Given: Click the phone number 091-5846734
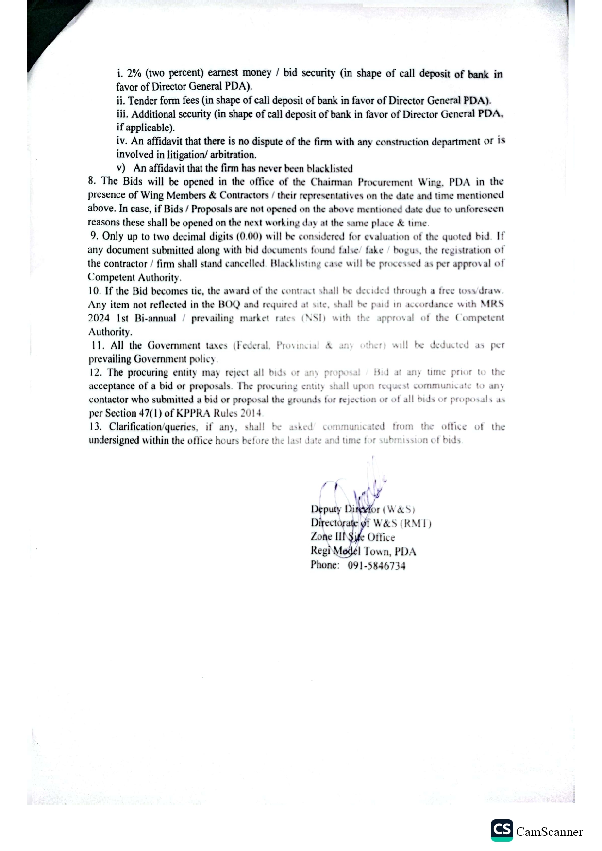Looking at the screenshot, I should coord(376,565).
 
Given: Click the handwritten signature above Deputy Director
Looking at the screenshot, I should coord(359,490).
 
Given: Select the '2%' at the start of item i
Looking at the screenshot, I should coord(134,73).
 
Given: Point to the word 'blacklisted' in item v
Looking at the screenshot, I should coord(330,168).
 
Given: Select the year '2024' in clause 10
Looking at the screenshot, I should coord(99,318).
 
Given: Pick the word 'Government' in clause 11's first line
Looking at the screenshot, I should coord(173,345).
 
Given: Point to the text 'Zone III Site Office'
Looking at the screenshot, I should coord(352,537).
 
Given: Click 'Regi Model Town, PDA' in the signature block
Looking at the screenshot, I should coord(363,551).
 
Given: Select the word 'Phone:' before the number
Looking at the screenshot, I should coord(325,565).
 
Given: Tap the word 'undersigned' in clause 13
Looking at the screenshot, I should coord(114,440).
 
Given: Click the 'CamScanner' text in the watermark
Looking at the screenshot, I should coord(549,832).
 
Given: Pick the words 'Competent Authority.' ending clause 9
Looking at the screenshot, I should coord(134,277).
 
